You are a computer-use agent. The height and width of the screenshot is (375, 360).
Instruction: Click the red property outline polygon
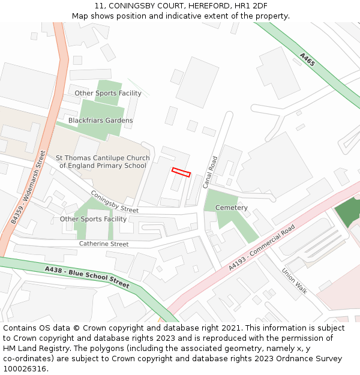[181, 172]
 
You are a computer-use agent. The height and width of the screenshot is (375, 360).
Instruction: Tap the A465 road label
[307, 59]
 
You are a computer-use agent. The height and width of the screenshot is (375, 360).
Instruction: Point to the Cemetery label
[232, 208]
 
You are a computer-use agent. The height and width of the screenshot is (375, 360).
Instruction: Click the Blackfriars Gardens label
[101, 121]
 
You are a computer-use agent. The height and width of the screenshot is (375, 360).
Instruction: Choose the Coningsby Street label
[114, 202]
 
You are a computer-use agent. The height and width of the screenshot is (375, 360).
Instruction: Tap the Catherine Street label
[104, 244]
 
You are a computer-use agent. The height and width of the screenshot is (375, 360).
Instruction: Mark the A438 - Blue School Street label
[87, 277]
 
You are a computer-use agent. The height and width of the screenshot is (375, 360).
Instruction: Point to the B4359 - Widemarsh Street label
[28, 188]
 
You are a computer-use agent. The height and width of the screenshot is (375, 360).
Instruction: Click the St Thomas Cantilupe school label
[103, 162]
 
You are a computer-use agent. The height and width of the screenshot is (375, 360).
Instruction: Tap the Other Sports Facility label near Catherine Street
[93, 219]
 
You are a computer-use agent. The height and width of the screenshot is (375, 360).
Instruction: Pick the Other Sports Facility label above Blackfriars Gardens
[108, 93]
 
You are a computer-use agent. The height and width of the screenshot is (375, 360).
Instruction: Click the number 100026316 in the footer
[25, 368]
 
